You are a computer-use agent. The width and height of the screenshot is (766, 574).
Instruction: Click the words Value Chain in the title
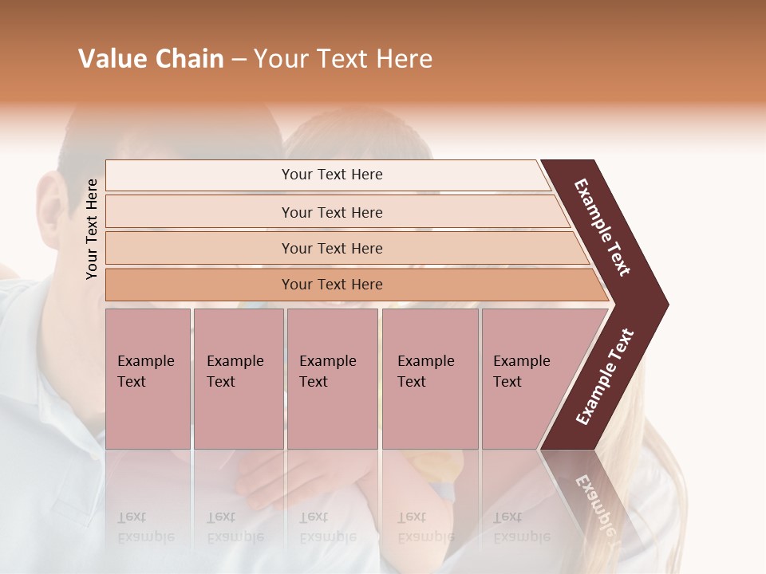[x=151, y=59]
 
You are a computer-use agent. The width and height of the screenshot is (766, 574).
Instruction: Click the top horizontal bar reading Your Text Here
[x=331, y=175]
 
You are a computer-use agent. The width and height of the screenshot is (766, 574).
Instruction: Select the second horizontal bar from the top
[x=331, y=212]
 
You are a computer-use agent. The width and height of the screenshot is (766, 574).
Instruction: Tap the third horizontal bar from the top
[x=331, y=248]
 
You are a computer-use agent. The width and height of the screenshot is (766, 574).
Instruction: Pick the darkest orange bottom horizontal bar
[x=331, y=285]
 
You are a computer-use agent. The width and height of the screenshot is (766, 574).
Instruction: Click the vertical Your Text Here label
[x=92, y=229]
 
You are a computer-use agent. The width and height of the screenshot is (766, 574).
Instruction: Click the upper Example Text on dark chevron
[x=603, y=227]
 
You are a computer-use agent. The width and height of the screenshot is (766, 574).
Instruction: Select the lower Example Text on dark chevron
[x=605, y=377]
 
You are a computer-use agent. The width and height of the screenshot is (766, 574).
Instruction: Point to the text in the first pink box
[x=145, y=372]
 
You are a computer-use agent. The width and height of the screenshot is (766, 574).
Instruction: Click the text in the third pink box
[x=327, y=372]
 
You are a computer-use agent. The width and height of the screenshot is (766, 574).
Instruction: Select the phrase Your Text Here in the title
[x=343, y=59]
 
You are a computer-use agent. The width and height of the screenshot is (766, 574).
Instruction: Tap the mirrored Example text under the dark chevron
[x=594, y=503]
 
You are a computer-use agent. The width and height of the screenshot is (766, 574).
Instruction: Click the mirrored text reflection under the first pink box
[x=145, y=527]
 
